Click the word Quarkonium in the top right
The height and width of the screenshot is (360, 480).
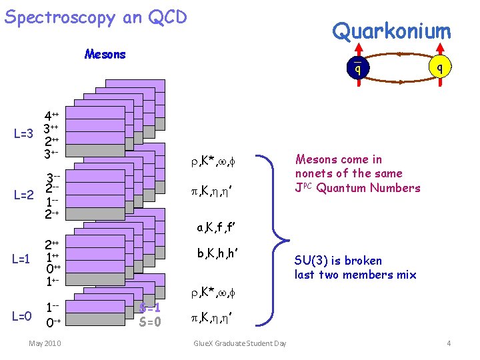click(x=391, y=31)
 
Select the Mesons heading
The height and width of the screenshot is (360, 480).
click(x=105, y=55)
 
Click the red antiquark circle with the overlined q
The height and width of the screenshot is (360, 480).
click(x=358, y=67)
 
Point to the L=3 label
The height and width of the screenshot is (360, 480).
click(x=23, y=134)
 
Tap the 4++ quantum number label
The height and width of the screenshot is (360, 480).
click(x=51, y=115)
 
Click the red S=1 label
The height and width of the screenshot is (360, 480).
click(x=150, y=309)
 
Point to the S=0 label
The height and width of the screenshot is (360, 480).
click(x=150, y=323)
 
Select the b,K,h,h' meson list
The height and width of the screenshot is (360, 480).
click(x=218, y=254)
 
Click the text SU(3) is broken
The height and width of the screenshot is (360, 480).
click(x=338, y=261)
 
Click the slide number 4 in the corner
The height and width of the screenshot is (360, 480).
click(x=449, y=343)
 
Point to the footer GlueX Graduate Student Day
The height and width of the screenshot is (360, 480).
click(x=239, y=343)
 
